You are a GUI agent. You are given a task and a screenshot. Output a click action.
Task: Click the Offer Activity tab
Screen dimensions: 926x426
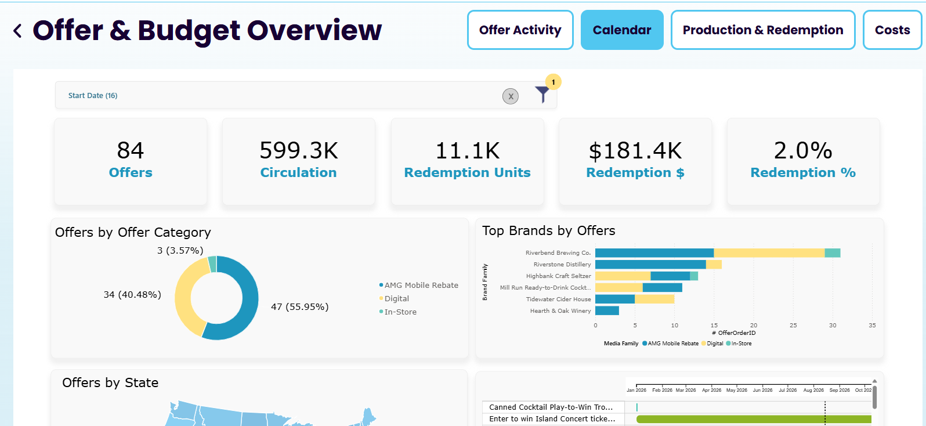pos(520,30)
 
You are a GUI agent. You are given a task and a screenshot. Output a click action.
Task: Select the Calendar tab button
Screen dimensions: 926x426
pos(622,30)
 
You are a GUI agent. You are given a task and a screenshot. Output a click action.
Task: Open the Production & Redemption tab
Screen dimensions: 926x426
pos(763,30)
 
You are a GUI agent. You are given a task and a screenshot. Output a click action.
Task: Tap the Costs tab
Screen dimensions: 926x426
pos(892,30)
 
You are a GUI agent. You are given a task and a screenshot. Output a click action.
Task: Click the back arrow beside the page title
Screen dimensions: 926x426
pos(17,31)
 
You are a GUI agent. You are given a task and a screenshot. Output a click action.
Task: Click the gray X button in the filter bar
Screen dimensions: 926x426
pos(511,96)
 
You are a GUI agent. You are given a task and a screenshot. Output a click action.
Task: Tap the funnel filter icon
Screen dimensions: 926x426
pos(542,94)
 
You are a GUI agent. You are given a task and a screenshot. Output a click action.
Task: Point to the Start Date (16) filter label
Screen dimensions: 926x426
pos(93,96)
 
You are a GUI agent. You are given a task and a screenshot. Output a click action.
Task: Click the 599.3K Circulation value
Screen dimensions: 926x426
pos(298,150)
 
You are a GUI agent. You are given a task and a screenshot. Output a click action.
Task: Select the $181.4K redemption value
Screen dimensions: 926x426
pos(635,150)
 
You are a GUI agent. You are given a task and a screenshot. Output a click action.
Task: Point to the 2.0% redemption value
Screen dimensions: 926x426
pos(803,150)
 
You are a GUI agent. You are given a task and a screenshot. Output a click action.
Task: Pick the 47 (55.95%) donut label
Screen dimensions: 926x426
pos(300,307)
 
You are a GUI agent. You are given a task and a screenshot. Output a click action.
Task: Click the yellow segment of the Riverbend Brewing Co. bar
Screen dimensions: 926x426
pos(769,252)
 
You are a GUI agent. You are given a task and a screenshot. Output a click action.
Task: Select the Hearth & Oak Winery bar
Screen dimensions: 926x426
pos(607,311)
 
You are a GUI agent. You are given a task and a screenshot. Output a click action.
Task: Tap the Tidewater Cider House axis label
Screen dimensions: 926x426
pos(558,299)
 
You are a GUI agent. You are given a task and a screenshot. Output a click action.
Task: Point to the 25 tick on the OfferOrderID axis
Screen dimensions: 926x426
pos(793,326)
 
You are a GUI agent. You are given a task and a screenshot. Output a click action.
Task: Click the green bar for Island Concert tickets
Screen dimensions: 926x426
pos(754,419)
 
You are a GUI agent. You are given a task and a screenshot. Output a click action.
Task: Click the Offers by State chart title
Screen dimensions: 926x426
pos(110,383)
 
